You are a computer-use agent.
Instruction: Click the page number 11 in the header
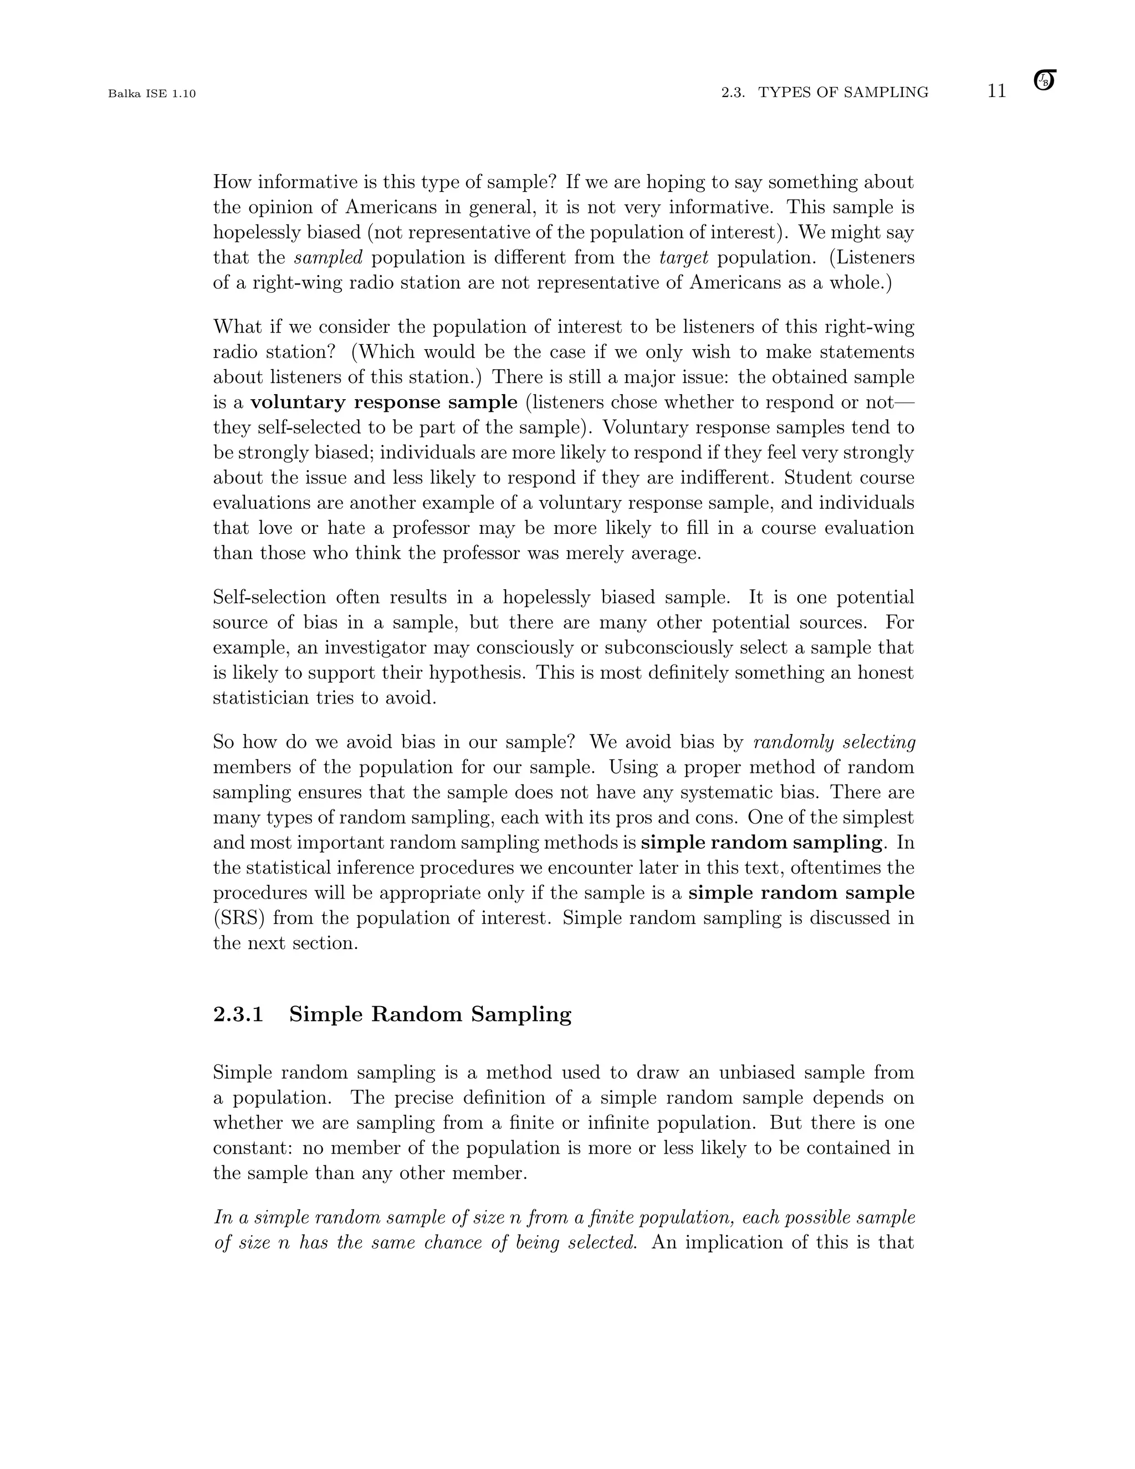[x=996, y=91]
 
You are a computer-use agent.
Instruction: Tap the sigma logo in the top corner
[x=1044, y=80]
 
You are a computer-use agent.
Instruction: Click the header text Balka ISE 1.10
[x=152, y=94]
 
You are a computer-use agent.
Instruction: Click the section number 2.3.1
[x=238, y=1014]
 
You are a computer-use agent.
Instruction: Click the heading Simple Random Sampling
[x=430, y=1014]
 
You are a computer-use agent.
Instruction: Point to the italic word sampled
[x=329, y=258]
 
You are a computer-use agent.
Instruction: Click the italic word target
[x=684, y=258]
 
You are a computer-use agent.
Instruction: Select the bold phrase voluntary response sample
[x=384, y=403]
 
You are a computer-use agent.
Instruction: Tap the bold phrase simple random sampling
[x=761, y=843]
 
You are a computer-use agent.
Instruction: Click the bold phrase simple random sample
[x=801, y=893]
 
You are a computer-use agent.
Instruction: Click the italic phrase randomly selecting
[x=835, y=743]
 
